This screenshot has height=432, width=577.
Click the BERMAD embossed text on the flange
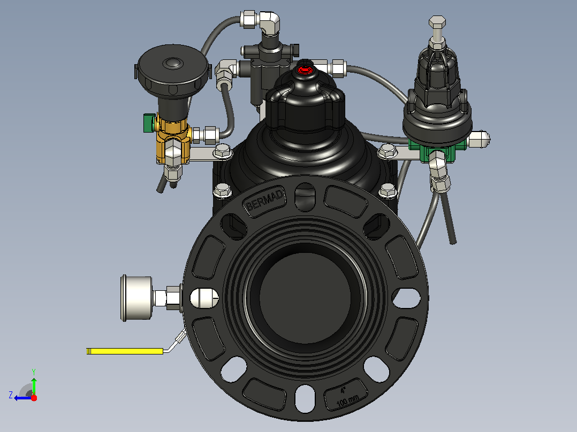pyautogui.click(x=265, y=201)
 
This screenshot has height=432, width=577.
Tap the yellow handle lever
pyautogui.click(x=125, y=351)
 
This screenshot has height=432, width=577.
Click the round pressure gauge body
pyautogui.click(x=136, y=298)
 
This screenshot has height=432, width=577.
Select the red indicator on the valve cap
pyautogui.click(x=305, y=70)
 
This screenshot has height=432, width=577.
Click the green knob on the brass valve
pyautogui.click(x=148, y=123)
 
